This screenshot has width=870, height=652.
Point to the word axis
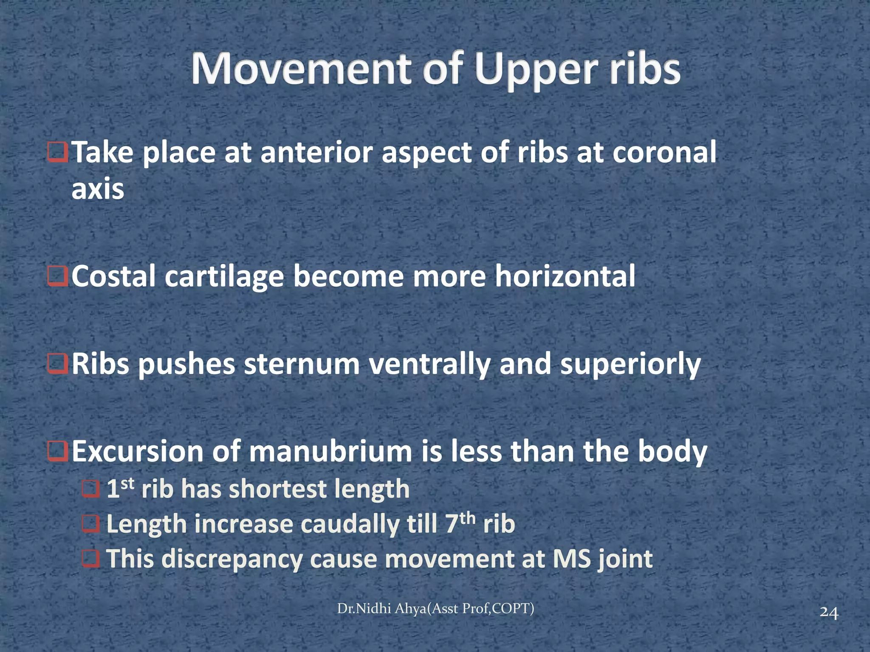tap(98, 189)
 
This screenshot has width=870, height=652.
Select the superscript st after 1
tap(128, 483)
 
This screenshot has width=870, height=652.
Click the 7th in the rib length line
tap(459, 523)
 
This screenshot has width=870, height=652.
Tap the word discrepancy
tap(232, 559)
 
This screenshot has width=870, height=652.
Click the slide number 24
tap(829, 613)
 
